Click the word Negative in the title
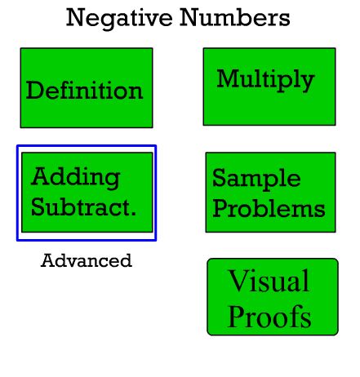(119, 18)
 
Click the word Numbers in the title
(235, 17)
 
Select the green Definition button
(87, 88)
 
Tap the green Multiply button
(269, 86)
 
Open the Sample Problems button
(271, 193)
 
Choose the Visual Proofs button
(273, 297)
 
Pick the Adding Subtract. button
(87, 193)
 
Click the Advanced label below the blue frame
(87, 260)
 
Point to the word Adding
(75, 178)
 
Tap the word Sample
(256, 179)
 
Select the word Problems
(269, 208)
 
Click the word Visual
(269, 281)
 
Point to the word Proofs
(269, 316)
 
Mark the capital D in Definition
(35, 90)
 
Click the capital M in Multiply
(228, 78)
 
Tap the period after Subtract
(133, 214)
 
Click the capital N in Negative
(76, 17)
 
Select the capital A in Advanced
(47, 260)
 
